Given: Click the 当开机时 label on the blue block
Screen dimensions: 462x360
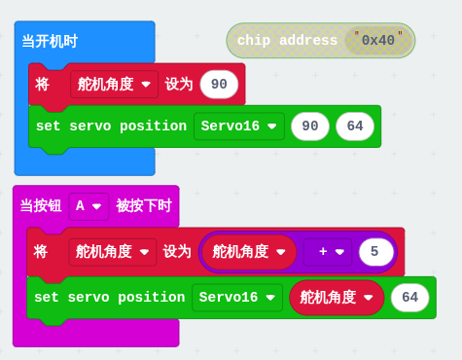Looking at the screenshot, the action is [x=50, y=42].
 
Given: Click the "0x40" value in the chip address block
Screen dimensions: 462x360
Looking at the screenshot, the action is [x=378, y=40].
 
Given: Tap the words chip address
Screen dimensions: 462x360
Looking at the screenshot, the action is [x=287, y=41].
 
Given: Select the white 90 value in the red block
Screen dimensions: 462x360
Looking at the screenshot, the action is [x=219, y=85].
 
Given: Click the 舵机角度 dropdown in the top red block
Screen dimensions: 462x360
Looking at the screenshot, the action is [x=114, y=85].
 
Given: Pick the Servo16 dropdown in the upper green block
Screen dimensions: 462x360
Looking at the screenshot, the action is [x=239, y=126].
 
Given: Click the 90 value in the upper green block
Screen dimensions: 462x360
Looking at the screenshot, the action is [x=310, y=126].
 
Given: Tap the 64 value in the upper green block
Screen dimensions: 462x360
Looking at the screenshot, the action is [x=355, y=126].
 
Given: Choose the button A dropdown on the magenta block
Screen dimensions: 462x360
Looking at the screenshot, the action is [x=89, y=206].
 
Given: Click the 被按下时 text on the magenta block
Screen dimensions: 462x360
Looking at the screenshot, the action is [x=144, y=205].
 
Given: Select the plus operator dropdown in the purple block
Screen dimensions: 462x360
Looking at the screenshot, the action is [x=328, y=252].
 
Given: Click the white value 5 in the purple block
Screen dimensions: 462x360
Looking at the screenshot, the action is [x=376, y=252].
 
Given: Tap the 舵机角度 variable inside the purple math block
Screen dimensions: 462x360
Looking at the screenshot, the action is [x=249, y=252].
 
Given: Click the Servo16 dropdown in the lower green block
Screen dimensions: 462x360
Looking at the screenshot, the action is [x=237, y=298].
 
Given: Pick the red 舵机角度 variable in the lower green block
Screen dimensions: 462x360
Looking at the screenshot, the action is [x=337, y=298].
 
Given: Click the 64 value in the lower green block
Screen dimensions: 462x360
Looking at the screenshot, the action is [x=410, y=298].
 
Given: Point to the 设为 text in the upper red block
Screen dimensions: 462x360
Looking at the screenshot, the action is [x=179, y=85].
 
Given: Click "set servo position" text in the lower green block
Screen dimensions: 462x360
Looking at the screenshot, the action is [x=110, y=298].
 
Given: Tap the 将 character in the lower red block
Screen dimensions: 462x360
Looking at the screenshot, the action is [x=41, y=252].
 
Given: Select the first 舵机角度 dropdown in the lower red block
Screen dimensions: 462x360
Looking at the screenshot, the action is [x=112, y=252].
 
